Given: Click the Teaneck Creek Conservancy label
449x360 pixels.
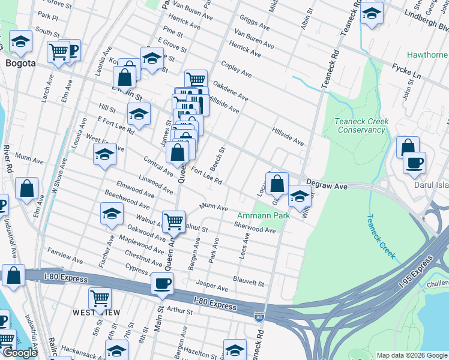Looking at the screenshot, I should (x=361, y=125).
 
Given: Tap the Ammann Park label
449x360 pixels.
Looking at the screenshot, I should (x=264, y=215).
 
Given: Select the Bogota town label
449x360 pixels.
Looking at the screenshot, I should (x=20, y=62).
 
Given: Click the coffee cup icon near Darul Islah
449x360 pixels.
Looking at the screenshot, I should (x=414, y=163).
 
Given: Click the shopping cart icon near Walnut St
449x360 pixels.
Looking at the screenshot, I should (x=173, y=221).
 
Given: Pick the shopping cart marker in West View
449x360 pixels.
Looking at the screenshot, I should (x=100, y=298).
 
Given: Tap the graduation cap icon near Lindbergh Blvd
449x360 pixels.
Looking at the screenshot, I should (x=372, y=13).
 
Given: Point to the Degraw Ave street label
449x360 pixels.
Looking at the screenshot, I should (x=327, y=187).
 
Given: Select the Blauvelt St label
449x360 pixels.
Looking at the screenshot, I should (x=249, y=282).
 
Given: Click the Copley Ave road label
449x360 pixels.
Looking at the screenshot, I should (x=236, y=69).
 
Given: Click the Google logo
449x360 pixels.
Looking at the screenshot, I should (x=19, y=353).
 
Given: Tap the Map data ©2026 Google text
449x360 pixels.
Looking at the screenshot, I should (x=412, y=355).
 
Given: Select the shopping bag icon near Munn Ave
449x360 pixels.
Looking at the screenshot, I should (x=26, y=188).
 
